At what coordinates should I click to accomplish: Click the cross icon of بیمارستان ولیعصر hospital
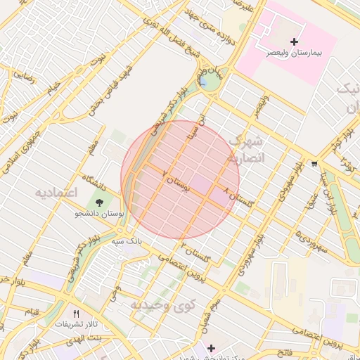click(294, 42)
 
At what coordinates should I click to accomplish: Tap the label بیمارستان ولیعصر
click(294, 53)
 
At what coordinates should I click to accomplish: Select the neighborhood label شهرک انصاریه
click(246, 148)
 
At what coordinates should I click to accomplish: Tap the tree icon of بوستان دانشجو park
click(101, 201)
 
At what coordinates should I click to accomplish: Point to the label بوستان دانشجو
click(99, 212)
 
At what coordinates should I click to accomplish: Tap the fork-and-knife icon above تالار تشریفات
click(77, 314)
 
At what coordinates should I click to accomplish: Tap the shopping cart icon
click(313, 165)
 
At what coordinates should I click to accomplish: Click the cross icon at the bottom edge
click(211, 348)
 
